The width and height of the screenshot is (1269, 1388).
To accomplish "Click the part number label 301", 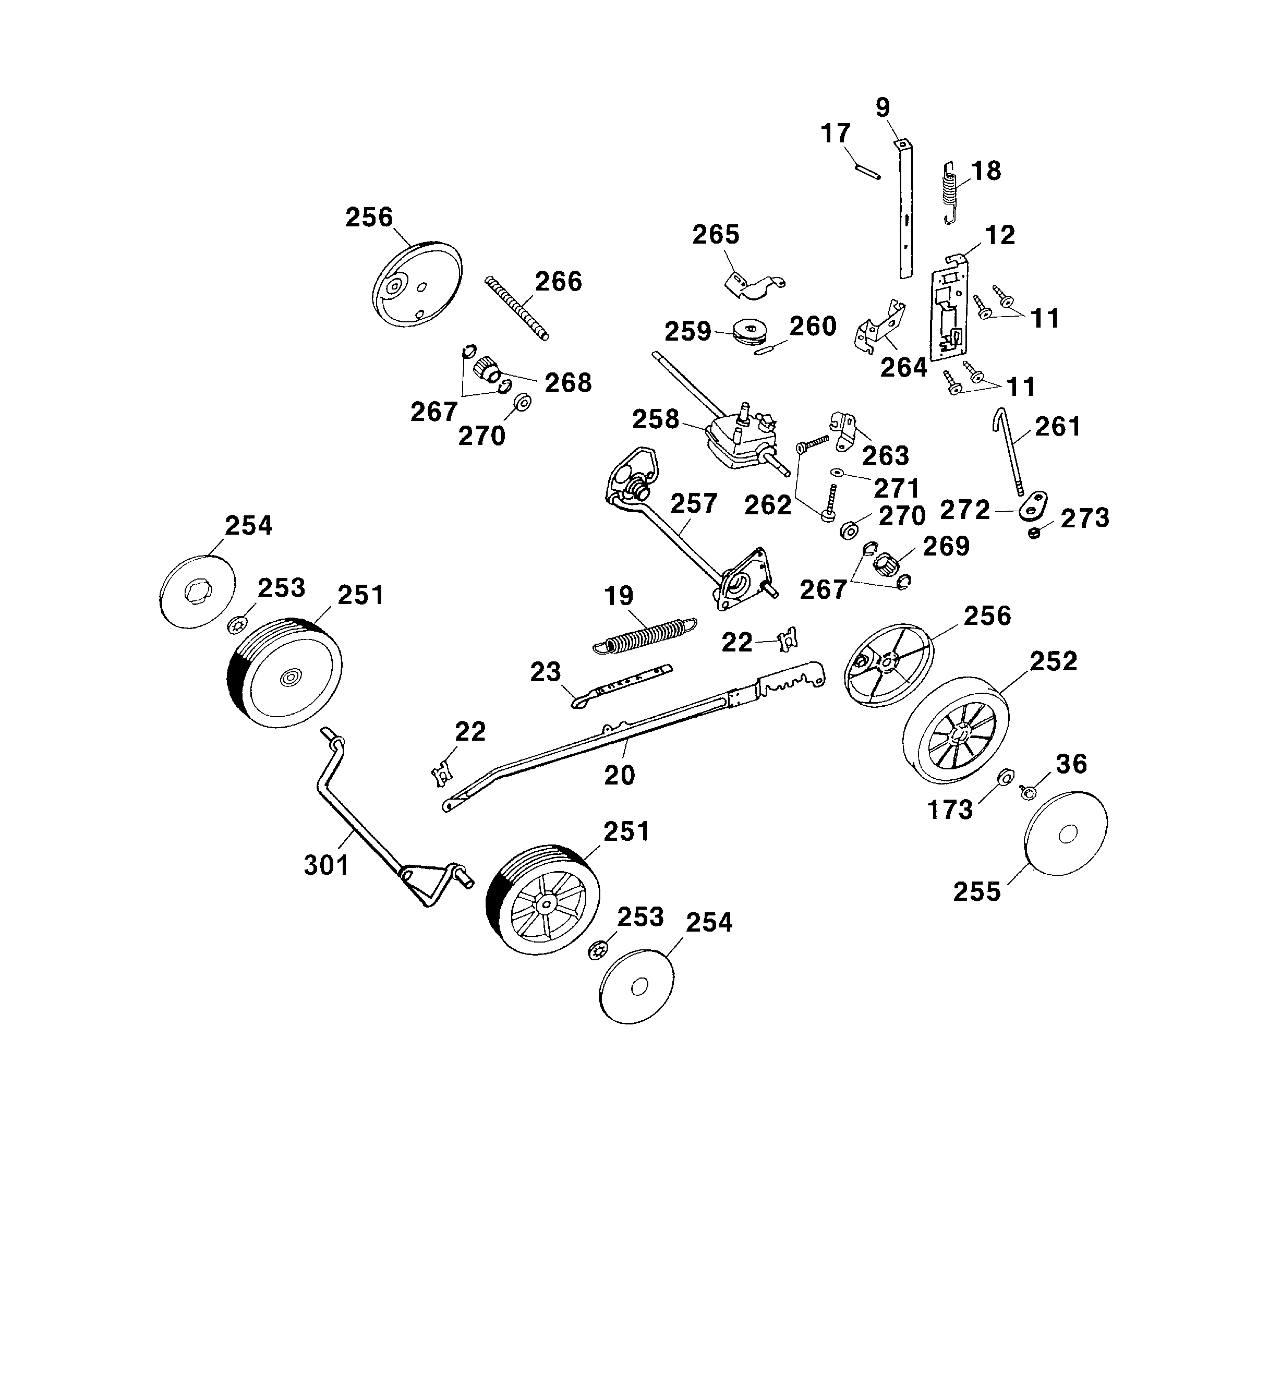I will click(327, 865).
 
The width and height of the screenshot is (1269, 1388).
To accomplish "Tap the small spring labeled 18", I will click(950, 192).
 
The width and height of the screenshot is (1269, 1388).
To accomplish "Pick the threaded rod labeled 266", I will click(517, 308).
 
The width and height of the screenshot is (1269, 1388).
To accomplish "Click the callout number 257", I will click(693, 503).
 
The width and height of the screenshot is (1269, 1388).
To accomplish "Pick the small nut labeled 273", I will click(1034, 534).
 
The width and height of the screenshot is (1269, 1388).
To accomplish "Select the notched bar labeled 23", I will click(620, 686).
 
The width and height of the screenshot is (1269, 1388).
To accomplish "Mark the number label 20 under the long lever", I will click(619, 775).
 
